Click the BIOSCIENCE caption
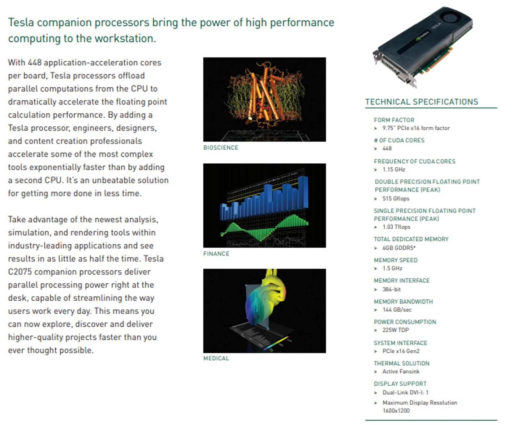pyautogui.click(x=221, y=147)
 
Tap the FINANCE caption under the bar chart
pyautogui.click(x=216, y=254)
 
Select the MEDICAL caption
pyautogui.click(x=216, y=358)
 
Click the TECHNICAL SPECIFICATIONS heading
pyautogui.click(x=422, y=102)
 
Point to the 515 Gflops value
pyautogui.click(x=396, y=198)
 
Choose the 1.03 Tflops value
pyautogui.click(x=396, y=227)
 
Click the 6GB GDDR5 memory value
pyautogui.click(x=399, y=248)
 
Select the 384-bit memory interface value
pyautogui.click(x=392, y=289)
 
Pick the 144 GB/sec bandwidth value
pyautogui.click(x=397, y=310)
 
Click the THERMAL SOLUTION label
pyautogui.click(x=401, y=363)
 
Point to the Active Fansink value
pyautogui.click(x=401, y=372)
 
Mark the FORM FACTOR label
pyautogui.click(x=394, y=120)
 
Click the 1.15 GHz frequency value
pyautogui.click(x=394, y=169)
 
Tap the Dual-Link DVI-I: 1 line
pyautogui.click(x=405, y=392)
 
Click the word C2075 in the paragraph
pyautogui.click(x=20, y=272)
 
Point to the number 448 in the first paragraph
pyautogui.click(x=35, y=63)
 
